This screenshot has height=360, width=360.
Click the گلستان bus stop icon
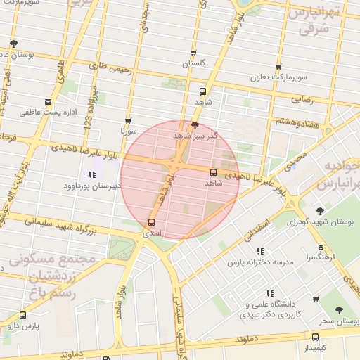195,53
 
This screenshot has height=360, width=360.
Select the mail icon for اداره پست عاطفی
48,101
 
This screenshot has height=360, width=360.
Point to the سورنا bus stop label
128,131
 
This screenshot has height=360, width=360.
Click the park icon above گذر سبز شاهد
195,124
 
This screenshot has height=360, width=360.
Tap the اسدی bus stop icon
151,223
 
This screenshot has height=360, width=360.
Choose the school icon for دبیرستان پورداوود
92,174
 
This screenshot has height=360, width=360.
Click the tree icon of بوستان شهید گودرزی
320,210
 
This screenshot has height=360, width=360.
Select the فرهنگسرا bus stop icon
321,247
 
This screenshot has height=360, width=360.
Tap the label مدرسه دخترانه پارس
259,262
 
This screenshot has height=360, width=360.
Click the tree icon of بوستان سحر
340,309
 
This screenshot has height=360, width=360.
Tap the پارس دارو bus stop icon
23,316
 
